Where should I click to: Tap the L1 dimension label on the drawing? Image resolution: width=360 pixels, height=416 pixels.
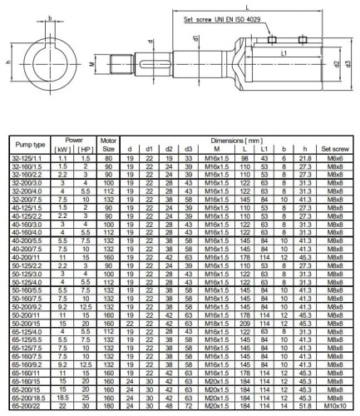285,52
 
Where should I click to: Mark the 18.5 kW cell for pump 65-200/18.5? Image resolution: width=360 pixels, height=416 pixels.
62,396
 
